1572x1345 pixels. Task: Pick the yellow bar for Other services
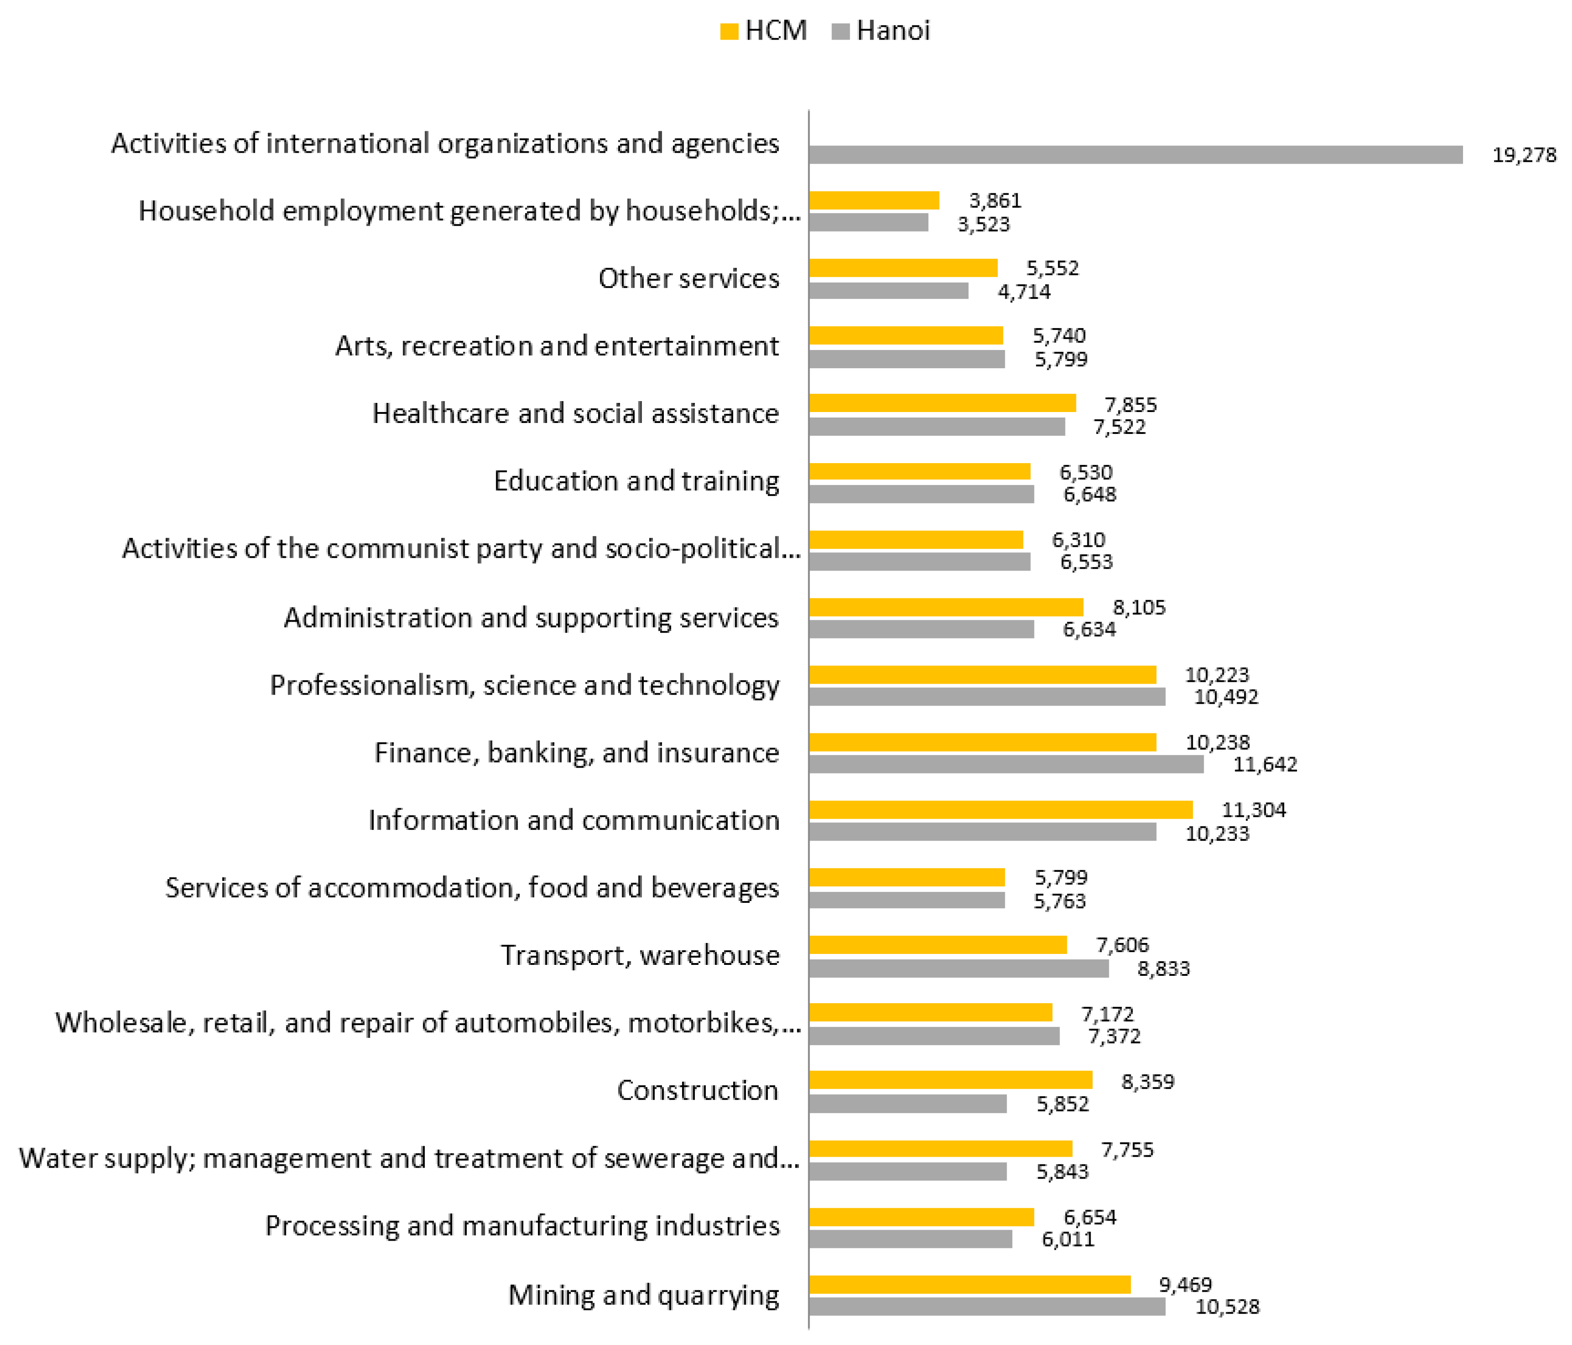[x=903, y=268]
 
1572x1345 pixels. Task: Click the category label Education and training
[x=636, y=481]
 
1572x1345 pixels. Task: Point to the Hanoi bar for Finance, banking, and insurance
[x=1006, y=764]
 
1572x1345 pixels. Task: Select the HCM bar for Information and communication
[x=1000, y=809]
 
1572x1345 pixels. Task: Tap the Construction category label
[x=697, y=1090]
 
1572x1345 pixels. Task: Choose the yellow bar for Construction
[x=950, y=1079]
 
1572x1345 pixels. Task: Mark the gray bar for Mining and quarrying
[x=986, y=1306]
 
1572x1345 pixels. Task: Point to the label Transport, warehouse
[x=640, y=955]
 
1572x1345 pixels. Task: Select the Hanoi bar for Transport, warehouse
[x=958, y=969]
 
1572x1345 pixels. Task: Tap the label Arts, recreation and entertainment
[x=557, y=346]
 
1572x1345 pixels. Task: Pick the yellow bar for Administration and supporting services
[x=945, y=607]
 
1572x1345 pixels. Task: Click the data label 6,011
[x=1067, y=1240]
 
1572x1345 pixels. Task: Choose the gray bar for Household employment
[x=868, y=222]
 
